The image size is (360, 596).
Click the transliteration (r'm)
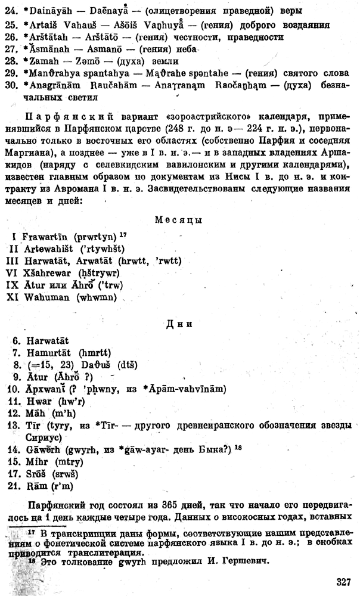point(66,489)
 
